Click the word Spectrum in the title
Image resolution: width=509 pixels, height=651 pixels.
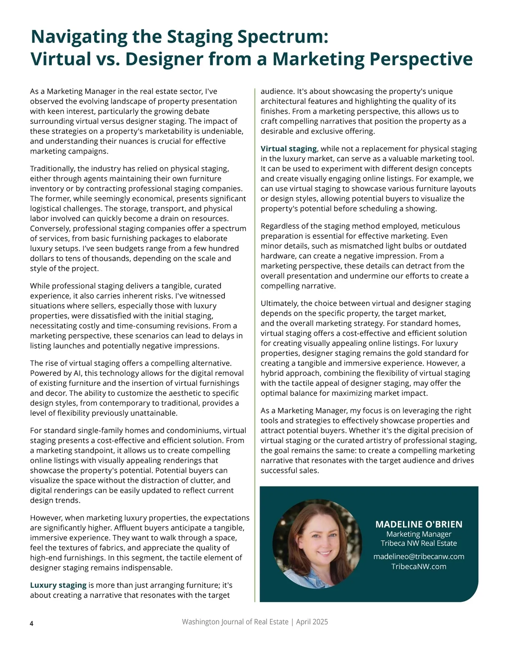[282, 37]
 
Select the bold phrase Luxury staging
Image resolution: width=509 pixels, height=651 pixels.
[58, 585]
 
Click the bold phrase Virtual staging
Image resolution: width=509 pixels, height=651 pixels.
[288, 149]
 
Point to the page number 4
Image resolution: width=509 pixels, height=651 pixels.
[32, 623]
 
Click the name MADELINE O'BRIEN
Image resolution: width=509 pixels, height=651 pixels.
[419, 524]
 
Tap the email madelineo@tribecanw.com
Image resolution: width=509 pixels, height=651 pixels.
[419, 556]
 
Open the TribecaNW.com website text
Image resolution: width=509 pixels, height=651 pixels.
[419, 567]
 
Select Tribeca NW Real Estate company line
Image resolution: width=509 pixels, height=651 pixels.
[419, 543]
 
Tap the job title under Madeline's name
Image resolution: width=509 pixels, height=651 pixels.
[419, 534]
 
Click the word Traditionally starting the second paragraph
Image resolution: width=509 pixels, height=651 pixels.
[52, 169]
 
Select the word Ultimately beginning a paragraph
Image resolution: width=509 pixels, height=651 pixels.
[280, 304]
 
